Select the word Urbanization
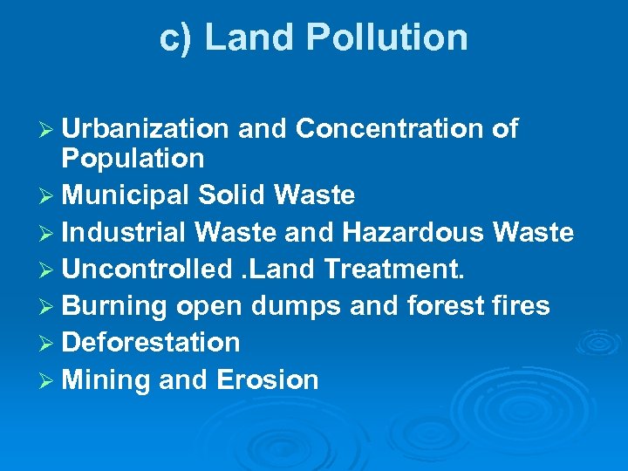pyautogui.click(x=145, y=129)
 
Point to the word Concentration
pyautogui.click(x=389, y=129)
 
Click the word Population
pyautogui.click(x=133, y=159)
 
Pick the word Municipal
pyautogui.click(x=126, y=195)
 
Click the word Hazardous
pyautogui.click(x=413, y=232)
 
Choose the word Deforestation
pyautogui.click(x=151, y=342)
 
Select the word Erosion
pyautogui.click(x=267, y=379)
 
